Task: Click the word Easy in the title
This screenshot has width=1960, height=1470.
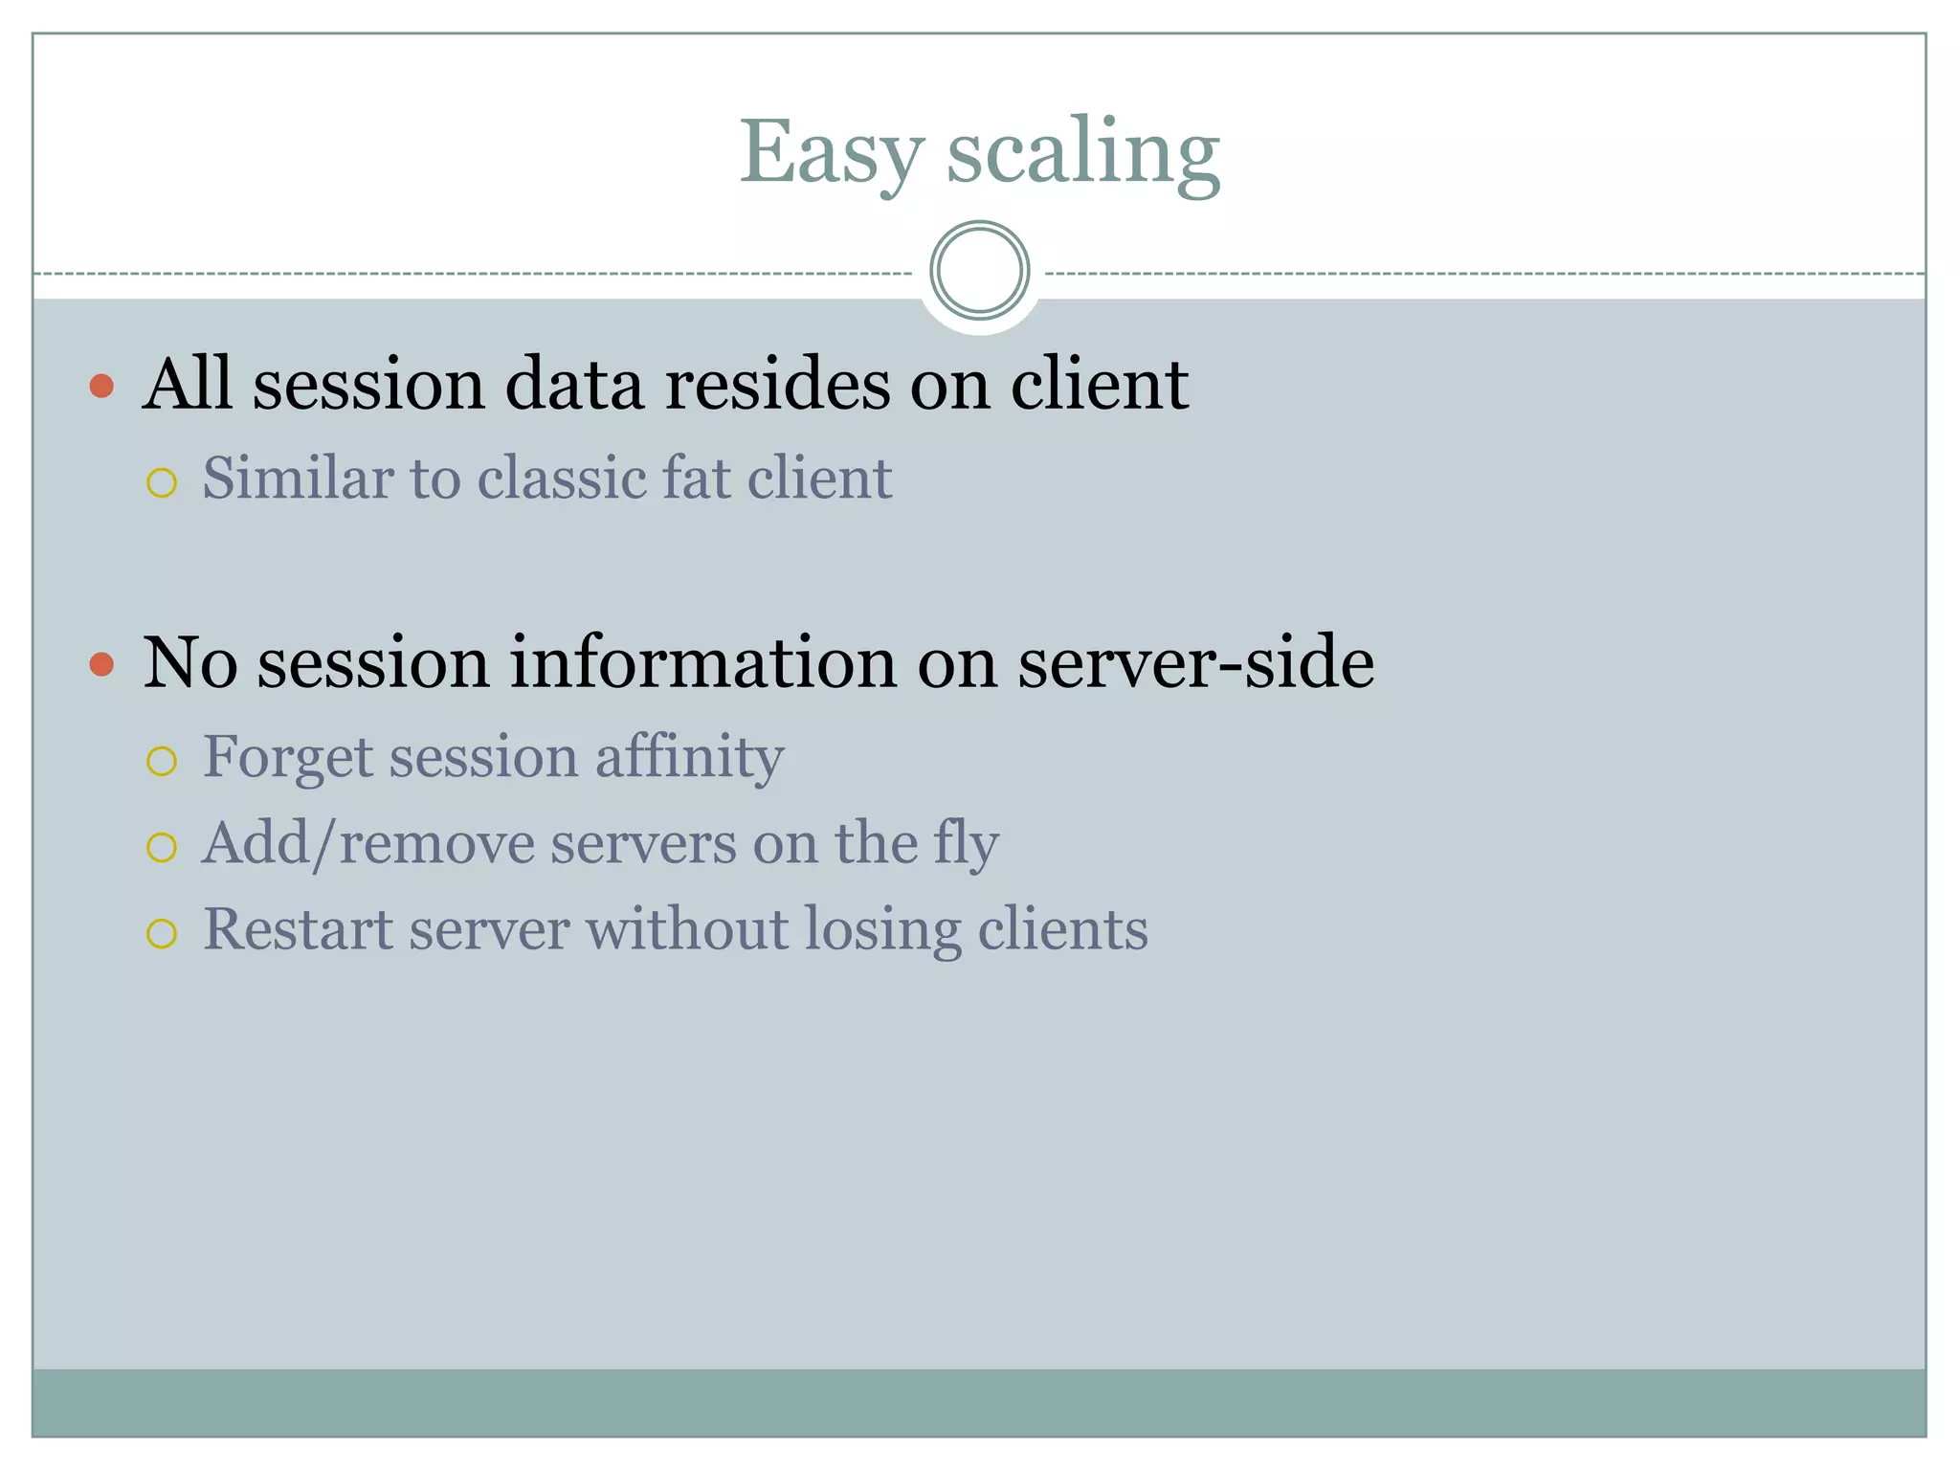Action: [x=832, y=153]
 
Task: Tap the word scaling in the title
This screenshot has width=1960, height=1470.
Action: [x=1083, y=153]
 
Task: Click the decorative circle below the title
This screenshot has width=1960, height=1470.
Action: [x=979, y=271]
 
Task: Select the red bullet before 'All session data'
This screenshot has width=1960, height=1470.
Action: [x=101, y=386]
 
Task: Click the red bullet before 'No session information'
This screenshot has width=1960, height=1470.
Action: [x=101, y=663]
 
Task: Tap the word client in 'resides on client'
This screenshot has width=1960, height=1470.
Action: [x=1099, y=384]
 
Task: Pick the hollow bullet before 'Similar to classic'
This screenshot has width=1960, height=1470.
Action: [x=162, y=482]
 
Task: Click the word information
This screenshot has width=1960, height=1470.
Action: [x=703, y=662]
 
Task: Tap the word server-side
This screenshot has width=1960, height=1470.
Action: [x=1195, y=662]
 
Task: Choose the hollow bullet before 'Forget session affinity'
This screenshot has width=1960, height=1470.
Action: [x=162, y=761]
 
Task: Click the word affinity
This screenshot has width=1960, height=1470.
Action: [x=689, y=757]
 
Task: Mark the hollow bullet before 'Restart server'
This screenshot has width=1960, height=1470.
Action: [x=162, y=933]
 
